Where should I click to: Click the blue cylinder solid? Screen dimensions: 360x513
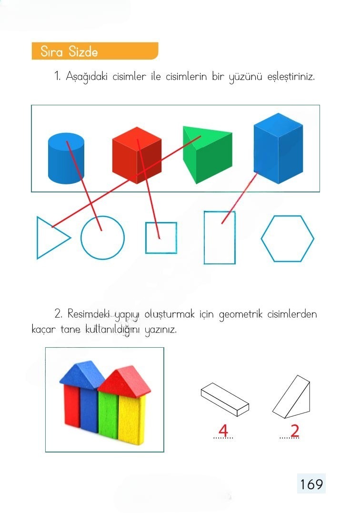pyautogui.click(x=66, y=158)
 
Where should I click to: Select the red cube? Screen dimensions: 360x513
pyautogui.click(x=137, y=155)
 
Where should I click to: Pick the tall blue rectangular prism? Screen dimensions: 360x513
pyautogui.click(x=278, y=149)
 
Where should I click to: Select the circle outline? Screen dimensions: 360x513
pyautogui.click(x=81, y=238)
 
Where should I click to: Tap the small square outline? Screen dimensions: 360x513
pyautogui.click(x=146, y=238)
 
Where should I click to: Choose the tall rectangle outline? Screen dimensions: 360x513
pyautogui.click(x=204, y=238)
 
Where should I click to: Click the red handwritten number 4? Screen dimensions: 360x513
pyautogui.click(x=223, y=430)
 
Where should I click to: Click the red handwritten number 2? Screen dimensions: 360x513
pyautogui.click(x=295, y=430)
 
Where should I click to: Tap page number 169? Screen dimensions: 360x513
pyautogui.click(x=311, y=484)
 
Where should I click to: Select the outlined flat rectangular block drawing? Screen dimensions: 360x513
pyautogui.click(x=225, y=400)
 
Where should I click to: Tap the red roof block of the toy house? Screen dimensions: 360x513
pyautogui.click(x=125, y=381)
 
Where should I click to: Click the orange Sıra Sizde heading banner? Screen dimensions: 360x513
pyautogui.click(x=95, y=51)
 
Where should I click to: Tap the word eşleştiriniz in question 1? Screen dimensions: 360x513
pyautogui.click(x=291, y=77)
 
